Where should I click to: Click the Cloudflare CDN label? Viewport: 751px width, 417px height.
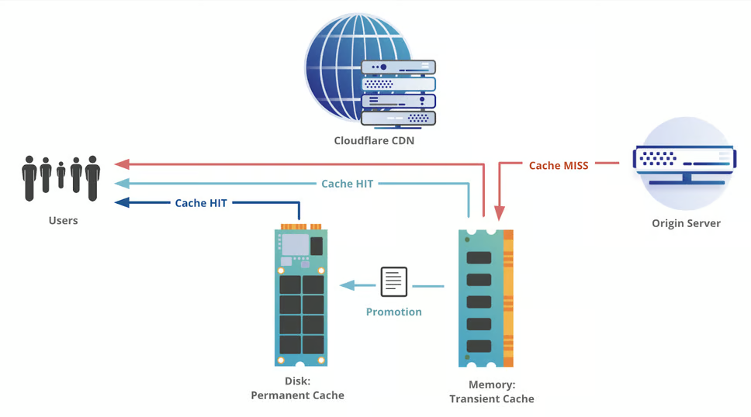click(374, 140)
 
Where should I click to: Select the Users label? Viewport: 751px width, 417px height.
click(63, 220)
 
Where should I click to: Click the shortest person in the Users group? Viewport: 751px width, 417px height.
click(61, 176)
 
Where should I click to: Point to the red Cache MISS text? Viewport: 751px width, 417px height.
click(559, 165)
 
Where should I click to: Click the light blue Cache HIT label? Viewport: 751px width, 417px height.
click(347, 184)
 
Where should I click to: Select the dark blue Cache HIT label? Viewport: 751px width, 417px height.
click(201, 203)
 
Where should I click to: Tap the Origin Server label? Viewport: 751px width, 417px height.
click(686, 223)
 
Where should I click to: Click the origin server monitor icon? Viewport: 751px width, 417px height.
click(684, 165)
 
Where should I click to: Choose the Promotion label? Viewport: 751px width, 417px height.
click(394, 312)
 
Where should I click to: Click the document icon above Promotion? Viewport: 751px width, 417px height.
click(394, 282)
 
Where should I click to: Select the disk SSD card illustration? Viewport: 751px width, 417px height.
click(301, 295)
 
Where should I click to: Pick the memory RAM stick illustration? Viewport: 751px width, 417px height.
click(486, 298)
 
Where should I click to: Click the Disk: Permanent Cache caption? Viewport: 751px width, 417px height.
click(297, 389)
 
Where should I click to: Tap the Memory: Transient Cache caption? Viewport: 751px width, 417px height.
click(492, 392)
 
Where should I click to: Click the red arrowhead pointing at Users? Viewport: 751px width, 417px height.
click(121, 164)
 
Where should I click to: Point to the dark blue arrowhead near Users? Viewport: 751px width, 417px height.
click(121, 203)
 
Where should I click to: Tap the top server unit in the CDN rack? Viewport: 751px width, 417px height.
click(398, 67)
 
